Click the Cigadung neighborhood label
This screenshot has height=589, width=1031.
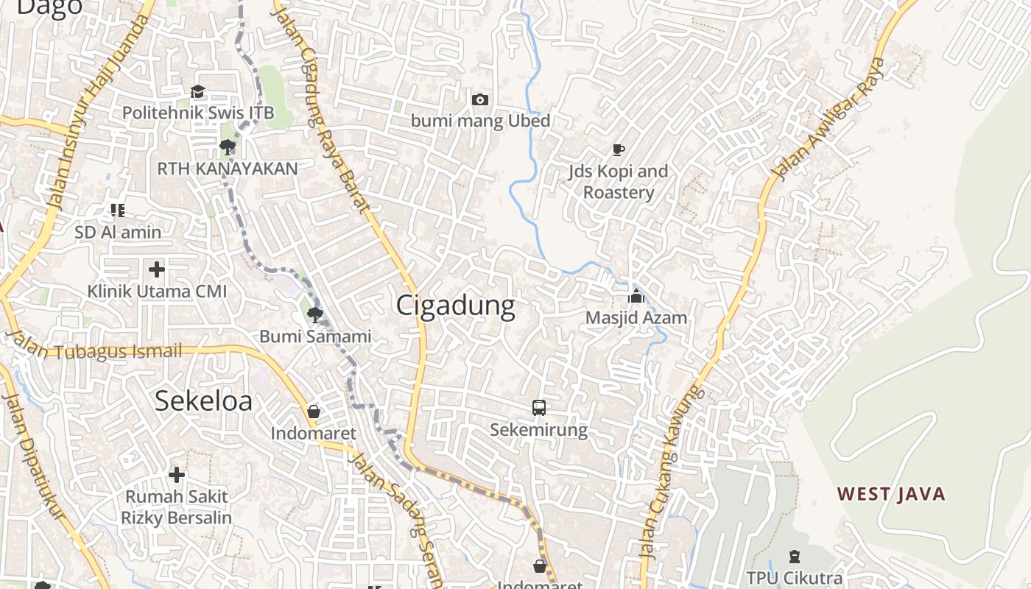(455, 305)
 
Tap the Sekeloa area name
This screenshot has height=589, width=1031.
(203, 401)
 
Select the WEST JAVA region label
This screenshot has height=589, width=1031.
(891, 494)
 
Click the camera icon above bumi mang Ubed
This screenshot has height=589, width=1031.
(480, 99)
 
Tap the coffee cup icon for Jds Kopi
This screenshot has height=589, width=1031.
(619, 150)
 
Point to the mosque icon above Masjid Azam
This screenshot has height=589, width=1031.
(636, 296)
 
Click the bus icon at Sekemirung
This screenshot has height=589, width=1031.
(539, 407)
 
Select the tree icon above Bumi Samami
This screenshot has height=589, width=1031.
(315, 315)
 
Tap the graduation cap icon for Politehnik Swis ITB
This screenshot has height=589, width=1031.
(197, 92)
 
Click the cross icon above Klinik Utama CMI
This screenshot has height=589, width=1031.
(156, 269)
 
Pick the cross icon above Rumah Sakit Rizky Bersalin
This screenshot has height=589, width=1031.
(177, 474)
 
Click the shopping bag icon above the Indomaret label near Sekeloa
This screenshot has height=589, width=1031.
(314, 412)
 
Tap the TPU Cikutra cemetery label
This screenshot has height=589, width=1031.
(794, 578)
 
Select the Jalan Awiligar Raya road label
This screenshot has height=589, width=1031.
(828, 118)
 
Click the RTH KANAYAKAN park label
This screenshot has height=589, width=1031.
(228, 169)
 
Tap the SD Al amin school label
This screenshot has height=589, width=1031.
(118, 232)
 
